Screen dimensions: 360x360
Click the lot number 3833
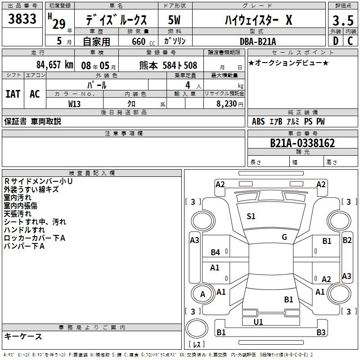tap(22, 19)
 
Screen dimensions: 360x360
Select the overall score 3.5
tap(343, 21)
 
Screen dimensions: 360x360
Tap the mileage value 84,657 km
tap(55, 65)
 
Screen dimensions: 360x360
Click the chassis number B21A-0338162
tap(302, 143)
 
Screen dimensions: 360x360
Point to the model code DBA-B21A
tap(258, 41)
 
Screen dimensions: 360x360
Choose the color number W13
tap(74, 104)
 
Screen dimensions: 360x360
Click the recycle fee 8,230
tap(227, 103)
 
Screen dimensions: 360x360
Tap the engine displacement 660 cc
tap(143, 41)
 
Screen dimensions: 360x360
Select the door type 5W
tap(174, 20)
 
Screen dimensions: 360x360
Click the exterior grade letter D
tap(336, 41)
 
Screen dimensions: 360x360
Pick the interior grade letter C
tap(350, 41)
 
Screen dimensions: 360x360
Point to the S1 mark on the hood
tap(251, 216)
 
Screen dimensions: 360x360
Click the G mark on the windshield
tap(284, 237)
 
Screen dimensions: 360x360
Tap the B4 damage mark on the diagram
tap(216, 252)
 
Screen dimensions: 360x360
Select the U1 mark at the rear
tap(258, 322)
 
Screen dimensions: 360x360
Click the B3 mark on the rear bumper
tap(321, 332)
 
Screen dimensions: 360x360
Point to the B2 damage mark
tap(347, 240)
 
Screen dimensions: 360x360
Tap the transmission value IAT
tap(13, 94)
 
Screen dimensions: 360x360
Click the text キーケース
tap(23, 336)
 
